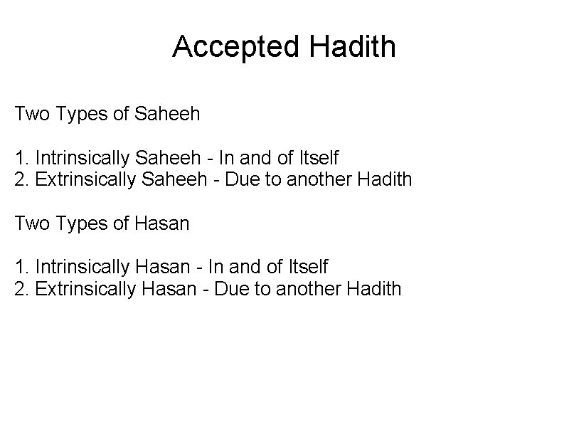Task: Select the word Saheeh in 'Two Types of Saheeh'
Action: coord(166,113)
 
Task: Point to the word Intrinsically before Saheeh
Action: coord(75,157)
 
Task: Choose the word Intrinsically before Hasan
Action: coord(75,268)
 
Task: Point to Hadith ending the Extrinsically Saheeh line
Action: coord(387,179)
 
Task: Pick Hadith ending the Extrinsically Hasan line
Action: coord(376,289)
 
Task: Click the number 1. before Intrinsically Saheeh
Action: coord(21,157)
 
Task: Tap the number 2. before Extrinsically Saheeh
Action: coord(21,179)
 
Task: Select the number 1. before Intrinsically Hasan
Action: coord(21,268)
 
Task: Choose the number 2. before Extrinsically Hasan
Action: coord(21,289)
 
